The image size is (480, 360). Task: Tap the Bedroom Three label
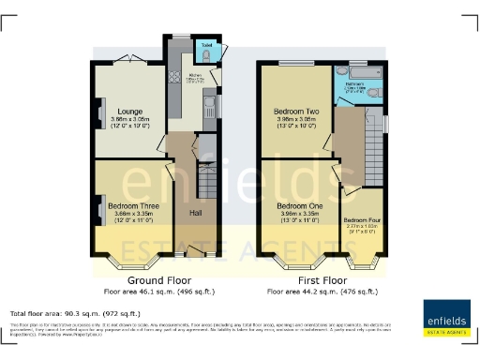click(x=130, y=204)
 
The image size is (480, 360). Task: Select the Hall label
click(x=196, y=214)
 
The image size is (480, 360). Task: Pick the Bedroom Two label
click(x=296, y=111)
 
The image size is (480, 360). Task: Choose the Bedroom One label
click(x=297, y=204)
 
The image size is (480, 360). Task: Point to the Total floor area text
click(x=75, y=313)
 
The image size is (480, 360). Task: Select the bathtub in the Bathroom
click(x=357, y=97)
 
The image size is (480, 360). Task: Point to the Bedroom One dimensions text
click(x=297, y=216)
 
